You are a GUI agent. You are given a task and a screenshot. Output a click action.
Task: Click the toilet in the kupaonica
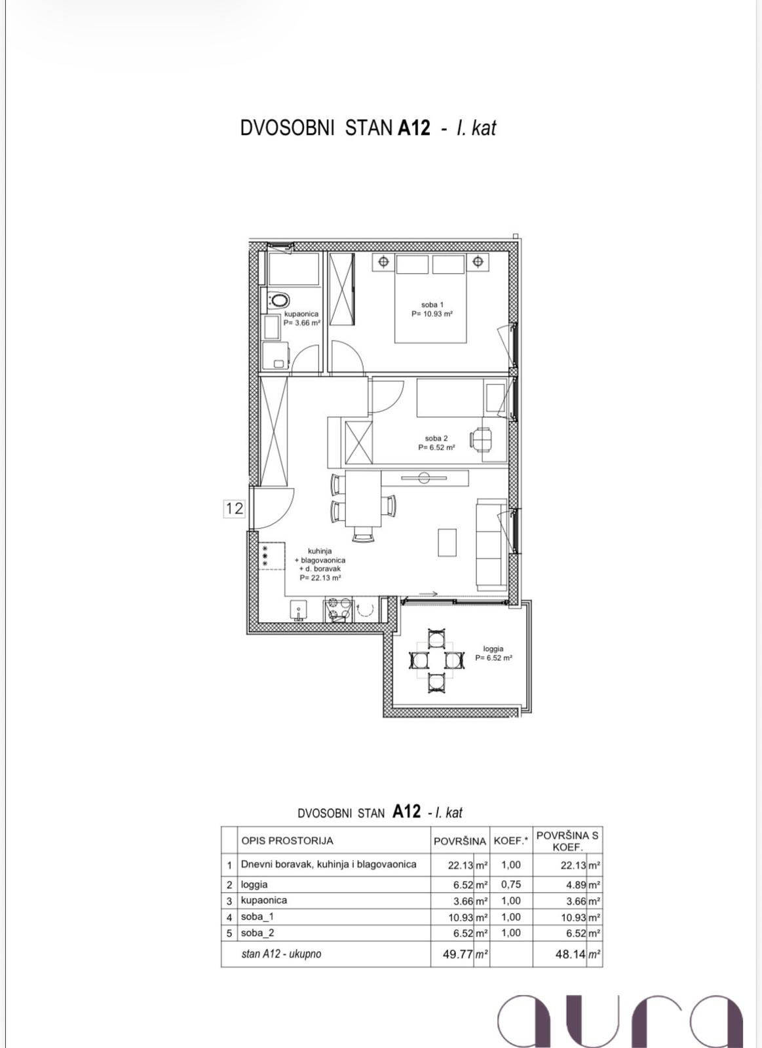[x=278, y=301]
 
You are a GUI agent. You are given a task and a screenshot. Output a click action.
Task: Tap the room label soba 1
[x=432, y=305]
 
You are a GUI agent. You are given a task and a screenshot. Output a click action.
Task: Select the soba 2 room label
[x=436, y=438]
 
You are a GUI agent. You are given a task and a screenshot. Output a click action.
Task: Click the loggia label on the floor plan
[x=493, y=649]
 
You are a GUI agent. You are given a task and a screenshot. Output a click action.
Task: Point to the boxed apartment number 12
[x=234, y=508]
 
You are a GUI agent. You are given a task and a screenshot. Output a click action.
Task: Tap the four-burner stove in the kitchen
[x=337, y=609]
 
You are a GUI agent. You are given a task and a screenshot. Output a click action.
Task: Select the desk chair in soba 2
[x=481, y=440]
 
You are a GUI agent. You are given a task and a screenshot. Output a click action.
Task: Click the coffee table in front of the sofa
[x=447, y=542]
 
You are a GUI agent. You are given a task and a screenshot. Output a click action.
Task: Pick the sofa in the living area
[x=491, y=544]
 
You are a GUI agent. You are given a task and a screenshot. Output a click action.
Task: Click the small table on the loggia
[x=436, y=660]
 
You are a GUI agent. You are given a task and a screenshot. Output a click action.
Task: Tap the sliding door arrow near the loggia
[x=429, y=594]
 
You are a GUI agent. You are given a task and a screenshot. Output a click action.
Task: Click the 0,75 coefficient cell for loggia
[x=510, y=884]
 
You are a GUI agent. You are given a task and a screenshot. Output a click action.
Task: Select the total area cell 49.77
[x=458, y=954]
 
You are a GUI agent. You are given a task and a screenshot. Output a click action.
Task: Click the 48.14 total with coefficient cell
[x=570, y=954]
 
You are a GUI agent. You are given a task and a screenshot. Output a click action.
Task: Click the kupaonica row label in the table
[x=263, y=900]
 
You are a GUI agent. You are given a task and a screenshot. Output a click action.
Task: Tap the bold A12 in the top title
[x=414, y=128]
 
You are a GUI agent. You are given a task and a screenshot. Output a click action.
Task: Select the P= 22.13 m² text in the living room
[x=320, y=578]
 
